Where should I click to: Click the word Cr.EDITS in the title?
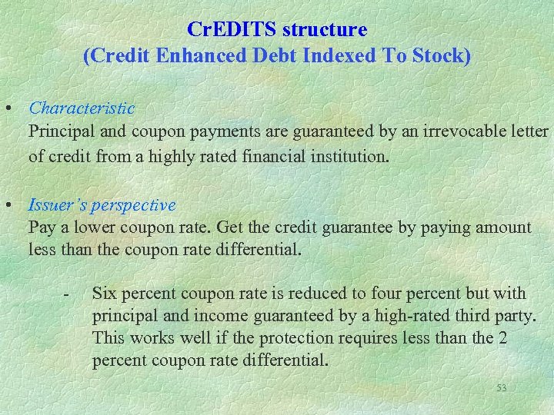pyautogui.click(x=232, y=30)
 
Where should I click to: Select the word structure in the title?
pyautogui.click(x=325, y=30)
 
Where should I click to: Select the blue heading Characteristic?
pyautogui.click(x=82, y=109)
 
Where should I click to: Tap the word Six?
pyautogui.click(x=104, y=293)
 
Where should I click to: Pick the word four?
pyautogui.click(x=385, y=293)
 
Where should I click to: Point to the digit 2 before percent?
pyautogui.click(x=502, y=337)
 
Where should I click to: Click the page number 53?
pyautogui.click(x=501, y=388)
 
